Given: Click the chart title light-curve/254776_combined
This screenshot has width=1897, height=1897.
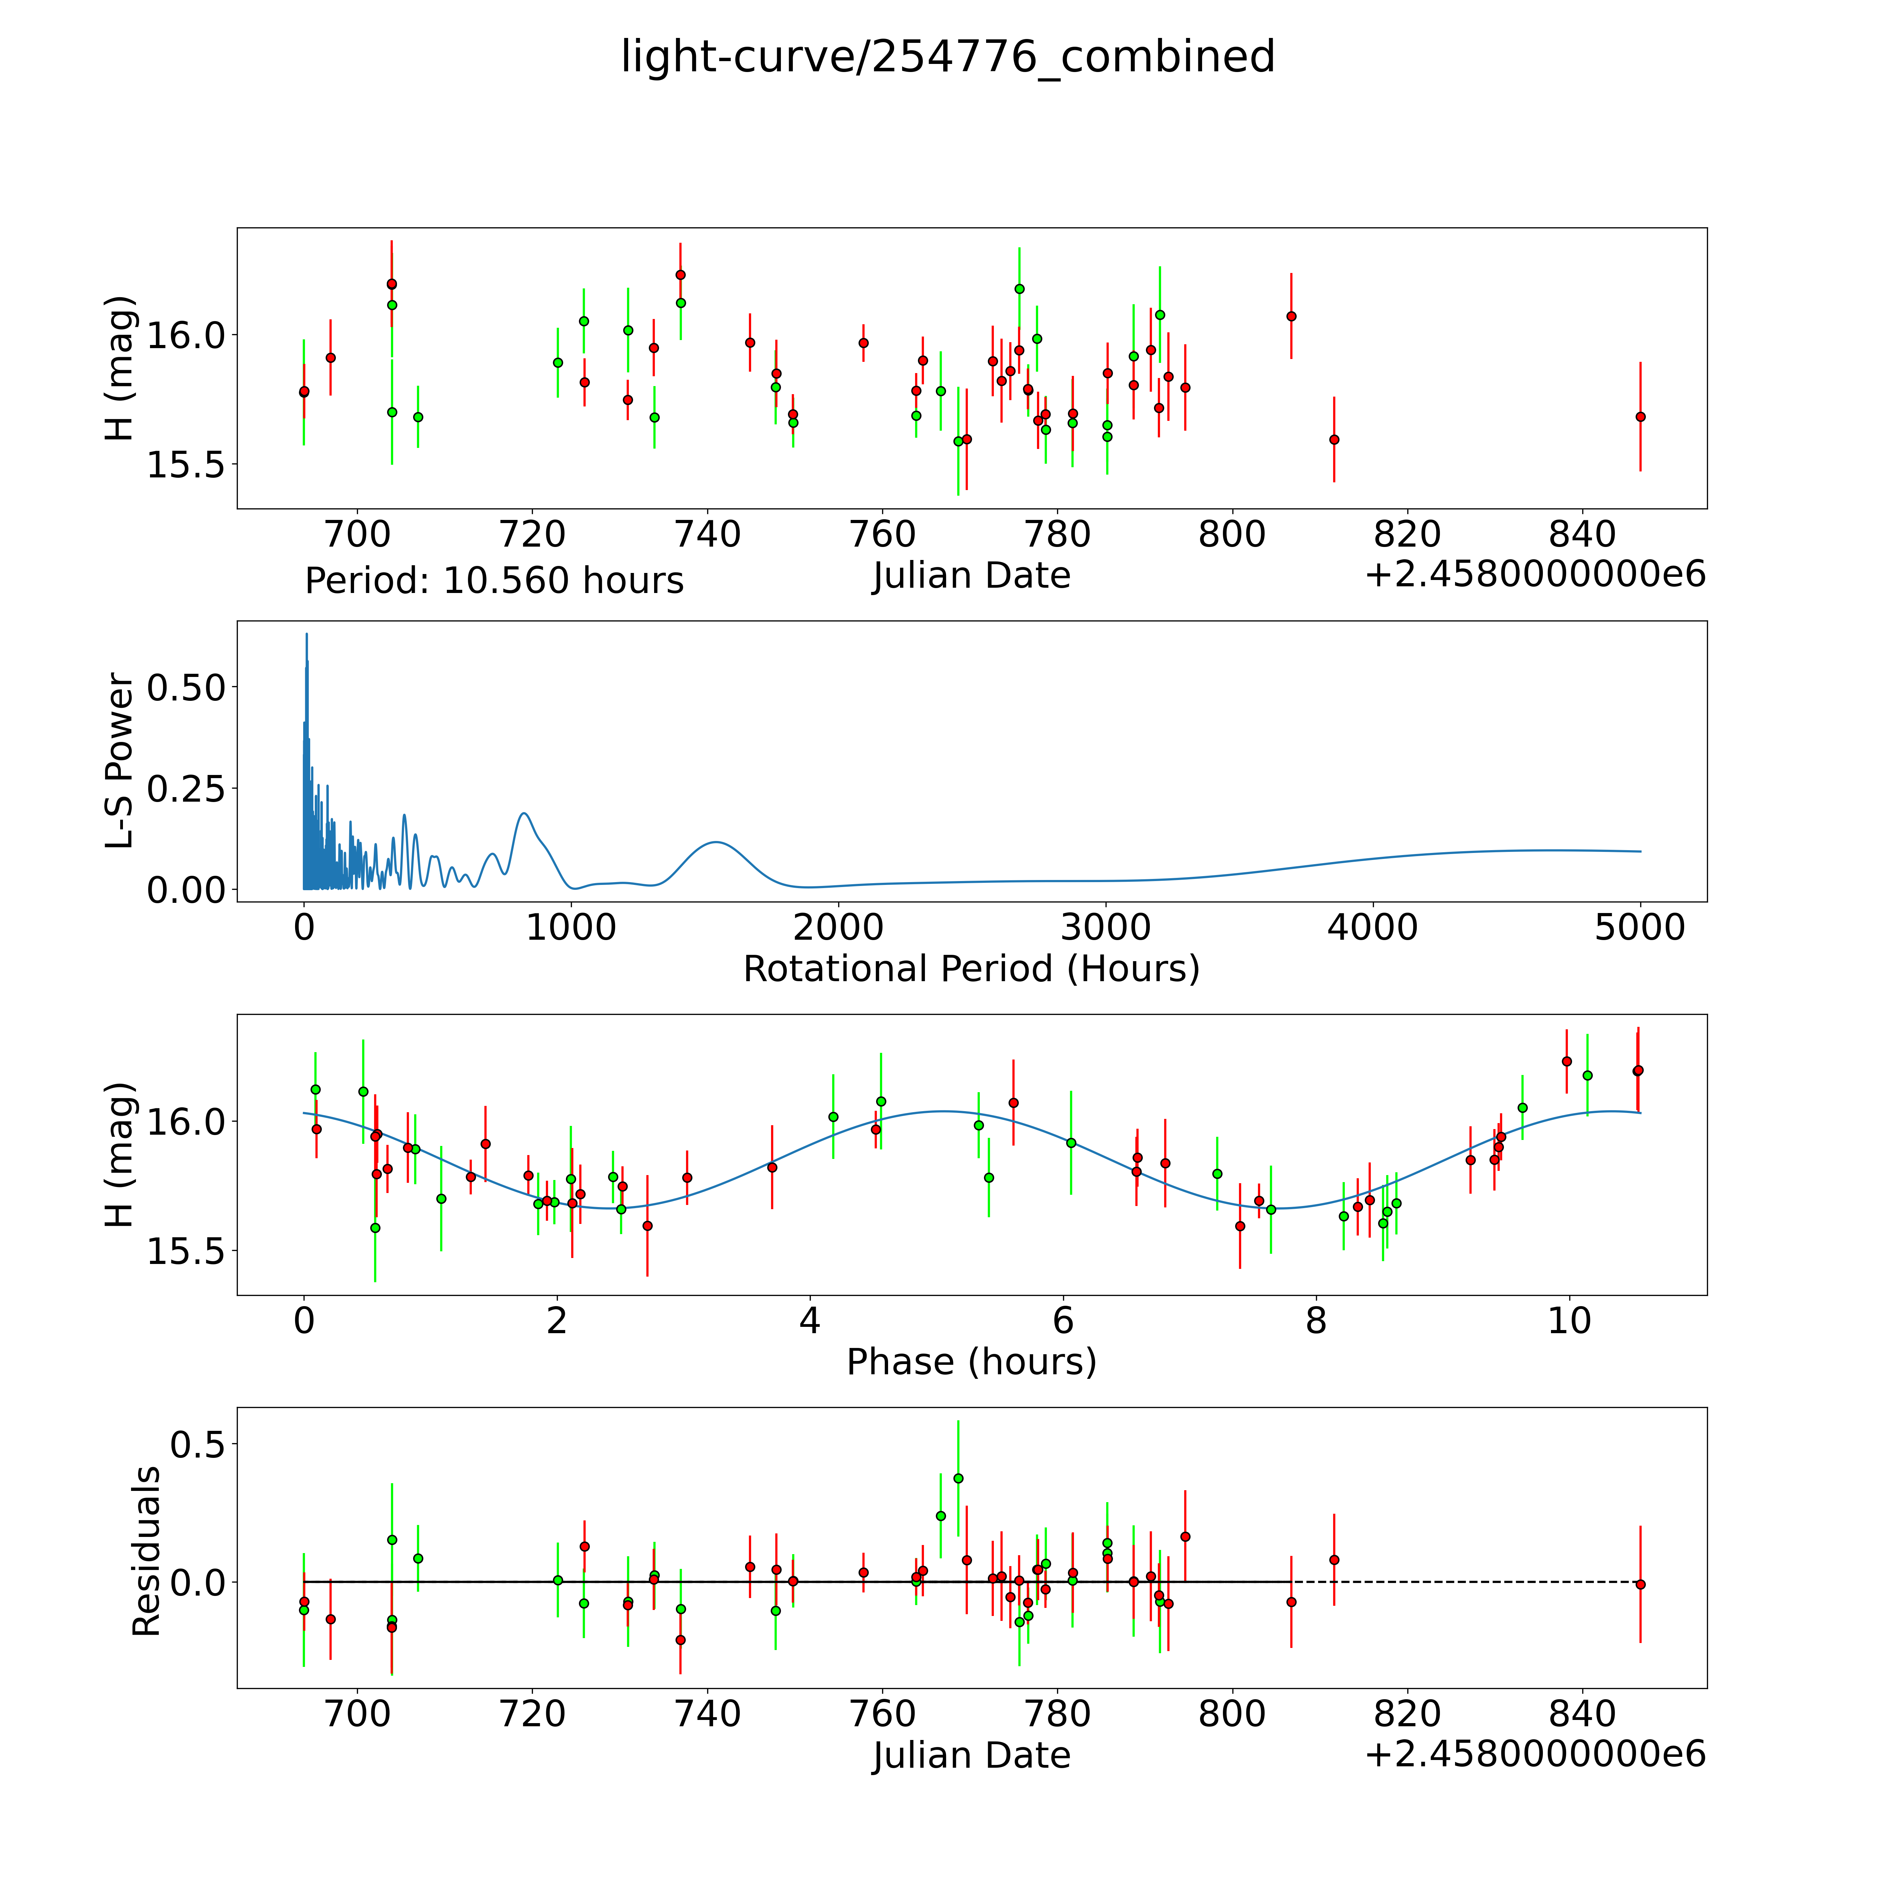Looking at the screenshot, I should tap(947, 57).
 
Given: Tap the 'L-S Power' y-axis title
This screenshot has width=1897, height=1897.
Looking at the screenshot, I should tap(120, 761).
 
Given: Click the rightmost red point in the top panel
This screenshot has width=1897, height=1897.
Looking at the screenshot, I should tap(1640, 416).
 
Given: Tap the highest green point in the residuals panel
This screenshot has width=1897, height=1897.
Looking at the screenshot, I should tap(958, 1478).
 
